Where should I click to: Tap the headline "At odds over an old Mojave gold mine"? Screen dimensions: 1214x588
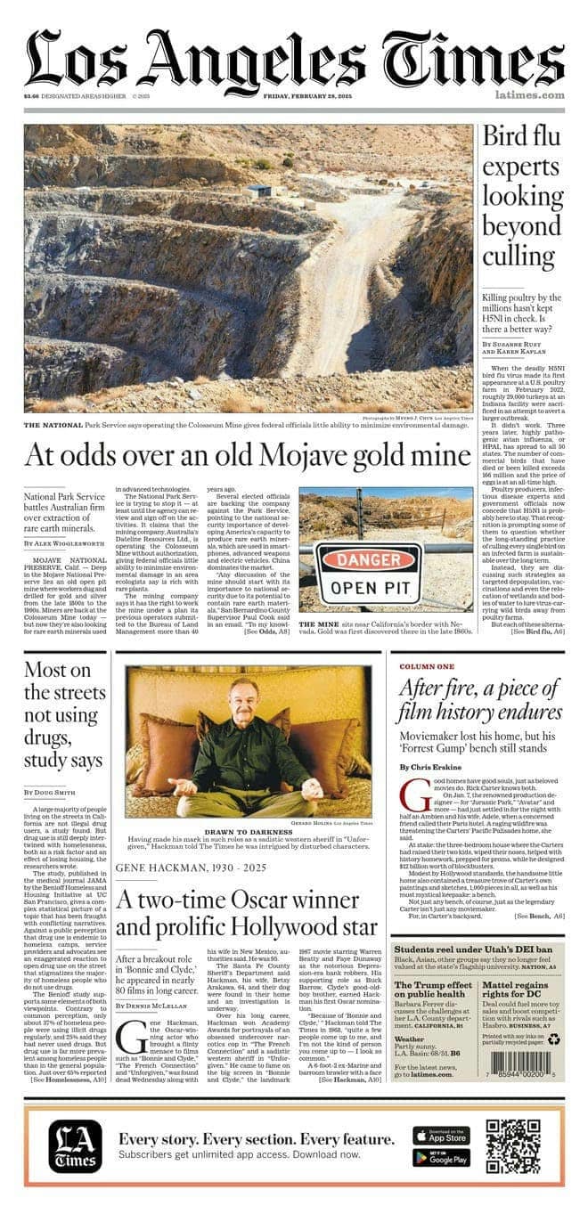[246, 455]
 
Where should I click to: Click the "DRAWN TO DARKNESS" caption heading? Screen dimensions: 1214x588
[249, 832]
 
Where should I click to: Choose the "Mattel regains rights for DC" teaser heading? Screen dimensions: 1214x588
[523, 1012]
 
